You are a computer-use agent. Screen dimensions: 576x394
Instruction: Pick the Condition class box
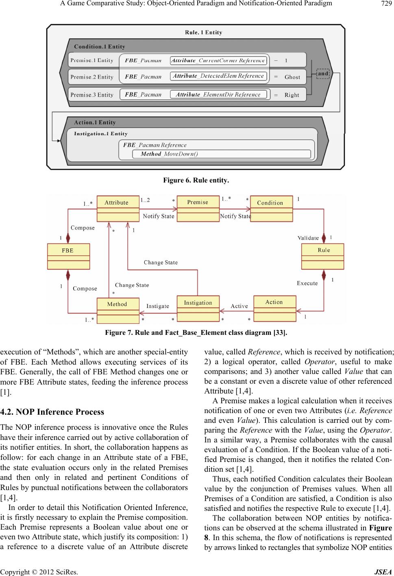271,208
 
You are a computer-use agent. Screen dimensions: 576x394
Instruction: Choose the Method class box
118,310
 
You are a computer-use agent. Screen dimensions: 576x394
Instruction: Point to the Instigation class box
198,308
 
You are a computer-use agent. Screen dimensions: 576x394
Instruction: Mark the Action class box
274,307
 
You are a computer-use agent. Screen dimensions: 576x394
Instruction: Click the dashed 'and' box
323,74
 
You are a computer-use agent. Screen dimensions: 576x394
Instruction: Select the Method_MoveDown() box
222,154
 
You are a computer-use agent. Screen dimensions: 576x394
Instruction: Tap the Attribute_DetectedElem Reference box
219,76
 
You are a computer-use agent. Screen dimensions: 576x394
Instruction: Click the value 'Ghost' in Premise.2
292,77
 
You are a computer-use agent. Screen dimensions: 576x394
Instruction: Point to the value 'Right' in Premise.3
292,95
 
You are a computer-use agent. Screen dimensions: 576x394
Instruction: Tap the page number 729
385,4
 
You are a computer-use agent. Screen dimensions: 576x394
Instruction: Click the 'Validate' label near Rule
308,238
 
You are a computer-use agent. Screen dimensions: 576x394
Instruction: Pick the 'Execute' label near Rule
307,283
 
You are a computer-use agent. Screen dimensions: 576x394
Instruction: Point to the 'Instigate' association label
158,306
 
